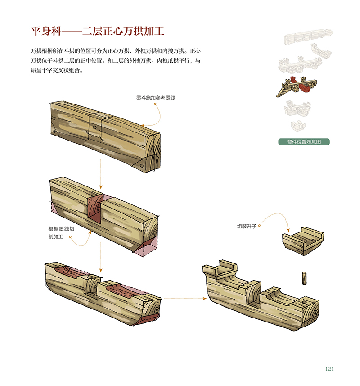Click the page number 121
[329, 369]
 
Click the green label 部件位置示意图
[304, 142]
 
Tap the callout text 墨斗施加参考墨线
[156, 98]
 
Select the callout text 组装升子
[247, 226]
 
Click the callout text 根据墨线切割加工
[61, 232]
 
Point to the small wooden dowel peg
[304, 278]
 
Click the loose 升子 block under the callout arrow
[303, 241]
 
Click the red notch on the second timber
[94, 209]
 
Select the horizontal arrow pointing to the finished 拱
[185, 299]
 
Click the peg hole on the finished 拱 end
[305, 302]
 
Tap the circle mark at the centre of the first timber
[94, 127]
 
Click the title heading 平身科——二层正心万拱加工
[97, 31]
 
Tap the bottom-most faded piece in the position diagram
[298, 126]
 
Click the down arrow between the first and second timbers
[100, 174]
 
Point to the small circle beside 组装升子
[259, 226]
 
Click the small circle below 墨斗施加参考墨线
[155, 104]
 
